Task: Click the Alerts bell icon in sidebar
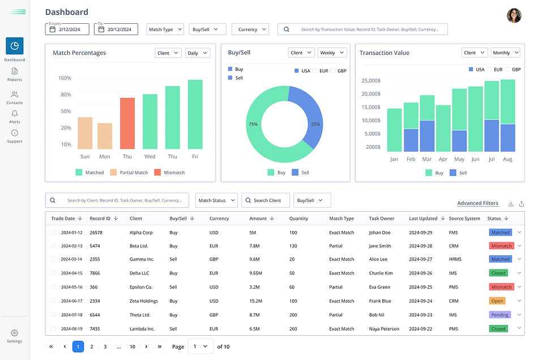coord(15,114)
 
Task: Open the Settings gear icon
coord(15,333)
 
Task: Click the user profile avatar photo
coord(514,16)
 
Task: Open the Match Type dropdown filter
coord(165,29)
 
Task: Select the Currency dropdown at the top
coord(252,29)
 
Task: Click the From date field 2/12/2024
coord(68,29)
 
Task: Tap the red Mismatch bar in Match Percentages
coord(127,123)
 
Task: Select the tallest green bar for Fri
coord(195,114)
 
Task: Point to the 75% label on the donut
coord(253,124)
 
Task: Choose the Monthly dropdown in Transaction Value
coord(505,53)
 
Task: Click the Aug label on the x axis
coord(507,160)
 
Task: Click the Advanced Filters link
coord(477,203)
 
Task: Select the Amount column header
coord(258,218)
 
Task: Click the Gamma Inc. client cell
coord(142,259)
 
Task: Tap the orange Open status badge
coord(497,301)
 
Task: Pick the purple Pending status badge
coord(499,315)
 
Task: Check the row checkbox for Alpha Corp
coord(54,232)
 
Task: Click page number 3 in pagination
coord(105,346)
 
